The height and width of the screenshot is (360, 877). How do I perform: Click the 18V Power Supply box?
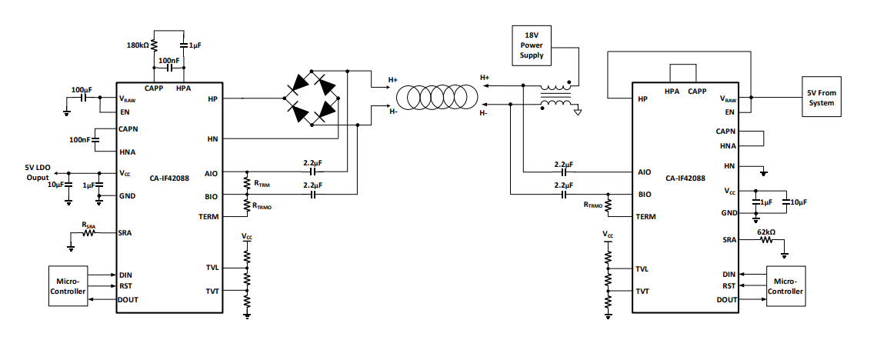click(x=532, y=45)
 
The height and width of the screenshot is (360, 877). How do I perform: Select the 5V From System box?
click(x=821, y=96)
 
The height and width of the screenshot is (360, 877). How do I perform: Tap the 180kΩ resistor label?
click(x=138, y=45)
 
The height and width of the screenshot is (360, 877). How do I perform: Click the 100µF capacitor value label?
click(x=82, y=89)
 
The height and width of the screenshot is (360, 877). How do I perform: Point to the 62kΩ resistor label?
click(x=765, y=231)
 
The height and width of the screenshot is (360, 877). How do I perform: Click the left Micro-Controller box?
click(x=68, y=285)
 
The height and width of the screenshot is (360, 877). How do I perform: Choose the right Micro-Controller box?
click(x=785, y=285)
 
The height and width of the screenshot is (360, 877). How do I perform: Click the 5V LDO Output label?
click(x=37, y=173)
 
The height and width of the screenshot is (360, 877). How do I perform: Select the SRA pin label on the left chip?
click(x=125, y=232)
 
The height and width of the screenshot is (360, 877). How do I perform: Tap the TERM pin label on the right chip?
click(x=646, y=216)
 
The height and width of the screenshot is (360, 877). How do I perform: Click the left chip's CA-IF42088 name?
click(x=169, y=179)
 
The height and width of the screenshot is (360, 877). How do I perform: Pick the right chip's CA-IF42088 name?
click(x=685, y=178)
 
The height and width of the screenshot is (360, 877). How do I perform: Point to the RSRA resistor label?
click(x=88, y=225)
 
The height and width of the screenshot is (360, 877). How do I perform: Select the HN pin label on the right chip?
click(x=729, y=166)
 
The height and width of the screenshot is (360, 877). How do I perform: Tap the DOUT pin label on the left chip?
click(x=128, y=300)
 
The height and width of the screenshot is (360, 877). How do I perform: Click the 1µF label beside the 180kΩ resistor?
click(x=195, y=45)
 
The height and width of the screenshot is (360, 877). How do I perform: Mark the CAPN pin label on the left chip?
click(x=128, y=129)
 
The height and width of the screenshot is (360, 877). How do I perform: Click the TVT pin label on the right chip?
click(x=642, y=292)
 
